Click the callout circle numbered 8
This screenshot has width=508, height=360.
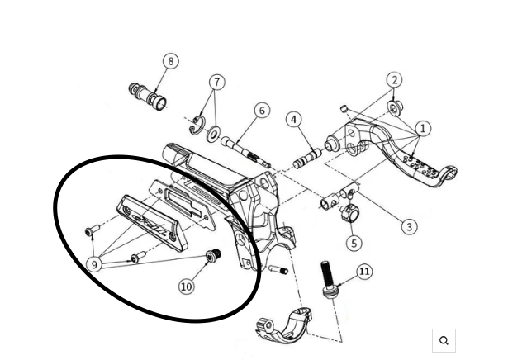click(x=171, y=61)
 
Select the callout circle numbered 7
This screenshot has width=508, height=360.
click(x=217, y=83)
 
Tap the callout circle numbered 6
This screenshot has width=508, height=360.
click(x=261, y=111)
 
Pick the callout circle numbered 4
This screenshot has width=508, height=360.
click(x=294, y=120)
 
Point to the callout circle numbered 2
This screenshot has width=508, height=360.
click(x=395, y=80)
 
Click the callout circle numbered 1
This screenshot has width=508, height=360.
click(x=423, y=128)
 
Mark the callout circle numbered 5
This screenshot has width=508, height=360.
click(x=354, y=243)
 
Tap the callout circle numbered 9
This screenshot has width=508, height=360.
click(x=96, y=265)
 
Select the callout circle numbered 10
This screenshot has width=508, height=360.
click(x=187, y=287)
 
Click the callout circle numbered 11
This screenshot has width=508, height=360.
click(x=364, y=272)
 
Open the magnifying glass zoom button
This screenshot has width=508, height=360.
click(x=444, y=340)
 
